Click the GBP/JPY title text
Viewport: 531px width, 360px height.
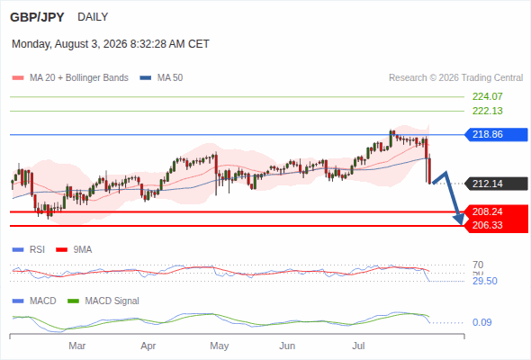[37, 17]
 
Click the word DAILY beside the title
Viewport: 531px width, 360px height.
[93, 16]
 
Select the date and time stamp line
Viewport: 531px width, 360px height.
[111, 44]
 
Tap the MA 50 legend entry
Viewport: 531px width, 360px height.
[161, 78]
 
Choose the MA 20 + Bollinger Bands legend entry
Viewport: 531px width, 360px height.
[70, 78]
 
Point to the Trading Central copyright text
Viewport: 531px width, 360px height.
[455, 78]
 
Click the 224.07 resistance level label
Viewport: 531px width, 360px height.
[487, 96]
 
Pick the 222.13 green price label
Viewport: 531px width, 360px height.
[487, 111]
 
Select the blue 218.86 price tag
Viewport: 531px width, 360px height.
[496, 134]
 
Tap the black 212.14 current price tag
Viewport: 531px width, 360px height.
[496, 184]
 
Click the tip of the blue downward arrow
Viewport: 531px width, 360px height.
[461, 224]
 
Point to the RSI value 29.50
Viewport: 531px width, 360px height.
[485, 281]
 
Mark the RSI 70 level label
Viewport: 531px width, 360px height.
[478, 265]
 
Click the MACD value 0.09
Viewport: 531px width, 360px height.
[481, 322]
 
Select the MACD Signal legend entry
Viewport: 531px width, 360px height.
[103, 301]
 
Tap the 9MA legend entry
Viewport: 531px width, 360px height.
[74, 250]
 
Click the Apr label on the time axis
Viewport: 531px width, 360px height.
[148, 346]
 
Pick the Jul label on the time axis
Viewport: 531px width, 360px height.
[358, 346]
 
